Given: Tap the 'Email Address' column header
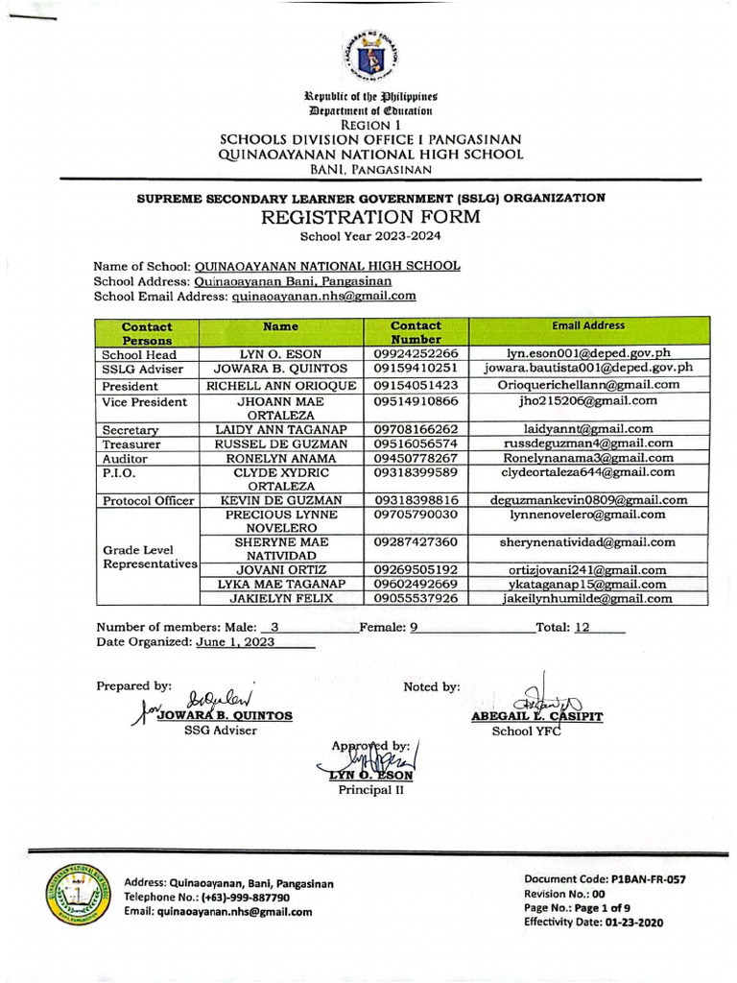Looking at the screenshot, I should click(x=588, y=326).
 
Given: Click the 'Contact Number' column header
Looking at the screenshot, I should click(x=416, y=332).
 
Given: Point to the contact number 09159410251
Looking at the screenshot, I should click(x=416, y=368).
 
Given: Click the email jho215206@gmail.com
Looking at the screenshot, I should click(x=588, y=400).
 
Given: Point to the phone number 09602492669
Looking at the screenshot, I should click(x=416, y=584).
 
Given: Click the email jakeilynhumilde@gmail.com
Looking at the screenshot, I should click(x=588, y=599).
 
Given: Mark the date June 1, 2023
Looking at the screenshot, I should click(x=235, y=643).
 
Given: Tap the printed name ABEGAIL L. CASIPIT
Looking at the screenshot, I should click(x=524, y=716).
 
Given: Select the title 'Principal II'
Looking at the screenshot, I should click(x=370, y=790).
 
